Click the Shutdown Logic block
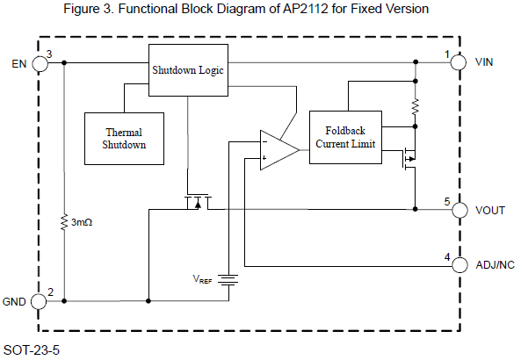pyautogui.click(x=188, y=68)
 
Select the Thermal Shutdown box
pyautogui.click(x=125, y=138)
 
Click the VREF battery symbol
pyautogui.click(x=228, y=280)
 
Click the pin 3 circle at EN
pyautogui.click(x=40, y=63)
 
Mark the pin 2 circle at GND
pyautogui.click(x=40, y=301)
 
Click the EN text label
pyautogui.click(x=18, y=63)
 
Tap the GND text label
pyautogui.click(x=15, y=301)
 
